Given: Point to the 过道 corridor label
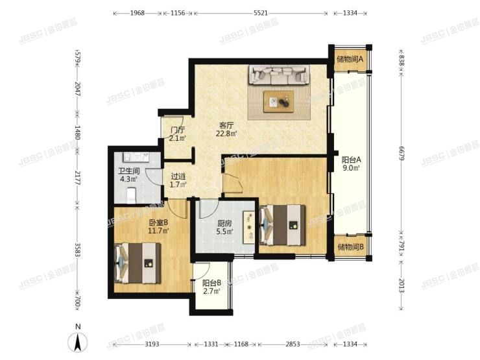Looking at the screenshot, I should tap(178, 180).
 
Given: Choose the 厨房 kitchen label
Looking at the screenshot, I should tap(226, 227).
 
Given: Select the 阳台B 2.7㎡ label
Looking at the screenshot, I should tap(211, 287).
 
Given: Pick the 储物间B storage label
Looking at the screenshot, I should tap(350, 247).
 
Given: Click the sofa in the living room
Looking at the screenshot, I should tap(279, 77).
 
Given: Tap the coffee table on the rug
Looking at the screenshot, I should tap(278, 101).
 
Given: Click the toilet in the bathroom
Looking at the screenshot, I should tap(131, 193).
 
